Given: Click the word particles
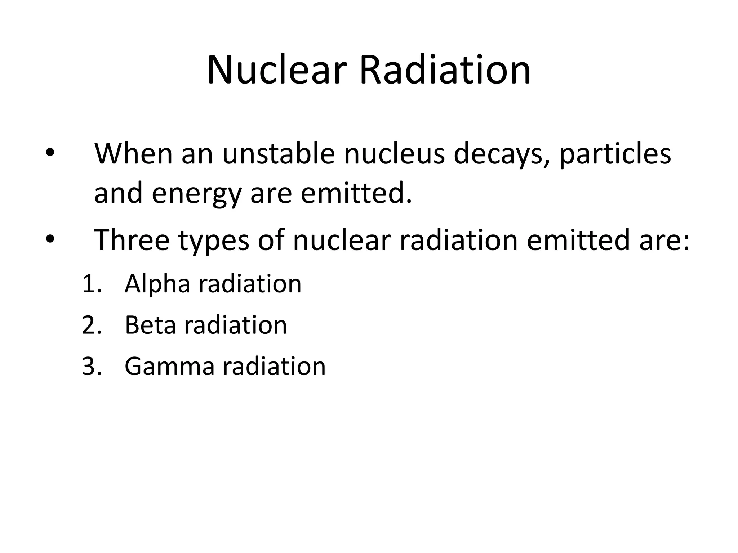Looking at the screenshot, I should [615, 155].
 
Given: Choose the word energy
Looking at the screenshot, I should [196, 194].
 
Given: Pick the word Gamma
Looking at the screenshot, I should [169, 367].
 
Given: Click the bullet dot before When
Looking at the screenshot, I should [49, 153].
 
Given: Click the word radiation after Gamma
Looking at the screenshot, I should [274, 367].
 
